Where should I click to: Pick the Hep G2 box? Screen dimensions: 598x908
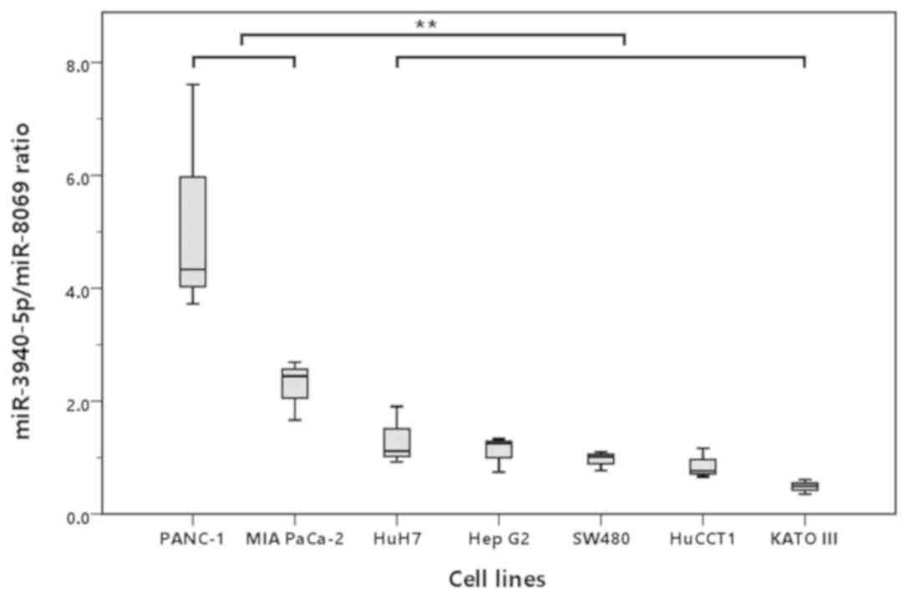pos(500,449)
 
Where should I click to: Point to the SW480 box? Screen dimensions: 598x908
pos(600,458)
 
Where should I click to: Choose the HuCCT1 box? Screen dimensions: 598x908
pos(703,466)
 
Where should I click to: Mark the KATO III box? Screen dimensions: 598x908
pos(804,486)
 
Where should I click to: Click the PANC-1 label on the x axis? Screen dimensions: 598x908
pos(193,539)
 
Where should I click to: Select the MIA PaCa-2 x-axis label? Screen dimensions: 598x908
pos(294,539)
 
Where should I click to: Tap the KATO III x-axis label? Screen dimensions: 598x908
pos(804,539)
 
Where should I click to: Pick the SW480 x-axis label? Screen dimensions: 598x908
pos(600,539)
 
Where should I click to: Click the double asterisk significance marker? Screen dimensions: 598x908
pos(426,24)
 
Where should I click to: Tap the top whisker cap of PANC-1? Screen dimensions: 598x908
pos(193,84)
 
